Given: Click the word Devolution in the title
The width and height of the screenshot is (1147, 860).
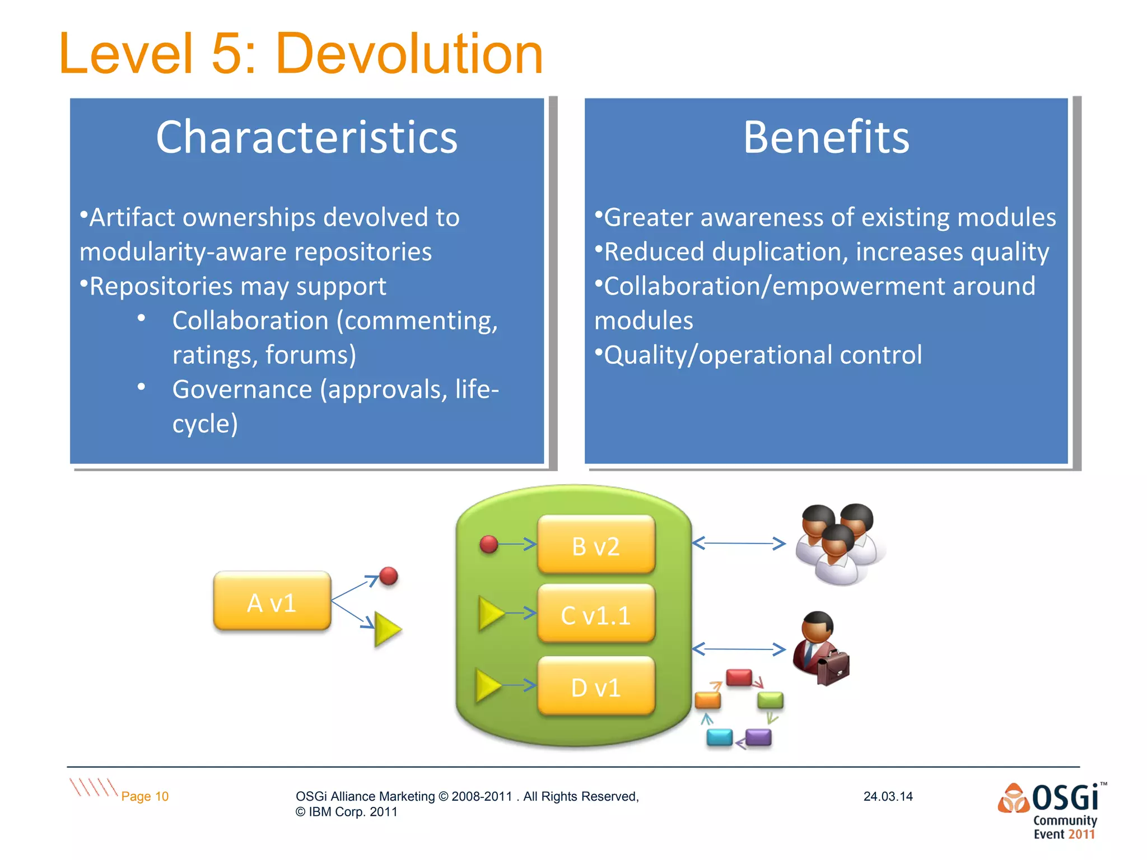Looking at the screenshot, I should pos(409,54).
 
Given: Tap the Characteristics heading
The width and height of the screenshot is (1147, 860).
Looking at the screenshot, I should pos(306,137).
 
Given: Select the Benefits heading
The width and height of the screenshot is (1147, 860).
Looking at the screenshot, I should pos(826,137).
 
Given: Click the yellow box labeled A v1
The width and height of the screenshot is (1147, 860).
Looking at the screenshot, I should pos(272,602).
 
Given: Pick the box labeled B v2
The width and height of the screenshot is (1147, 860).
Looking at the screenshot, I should pos(595,545).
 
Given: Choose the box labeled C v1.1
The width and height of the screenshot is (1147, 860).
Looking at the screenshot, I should pos(595,615).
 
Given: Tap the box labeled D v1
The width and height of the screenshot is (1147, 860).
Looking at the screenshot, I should pos(595,687).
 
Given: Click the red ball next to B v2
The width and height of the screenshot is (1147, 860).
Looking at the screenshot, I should pos(488,544).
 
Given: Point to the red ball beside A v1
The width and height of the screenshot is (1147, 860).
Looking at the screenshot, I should pos(388,576).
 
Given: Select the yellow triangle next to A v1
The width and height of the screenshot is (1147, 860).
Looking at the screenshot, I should pos(386,629).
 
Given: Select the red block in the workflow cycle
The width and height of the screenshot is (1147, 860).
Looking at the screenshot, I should pos(739,677).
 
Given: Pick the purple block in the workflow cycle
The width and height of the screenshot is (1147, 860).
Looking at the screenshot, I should pos(758,737).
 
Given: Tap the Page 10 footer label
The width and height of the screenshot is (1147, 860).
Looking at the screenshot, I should pos(144,796).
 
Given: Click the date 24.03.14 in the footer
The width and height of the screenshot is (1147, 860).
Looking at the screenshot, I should pos(888,796).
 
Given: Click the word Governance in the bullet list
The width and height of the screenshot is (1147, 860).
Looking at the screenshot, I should pos(242,389).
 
